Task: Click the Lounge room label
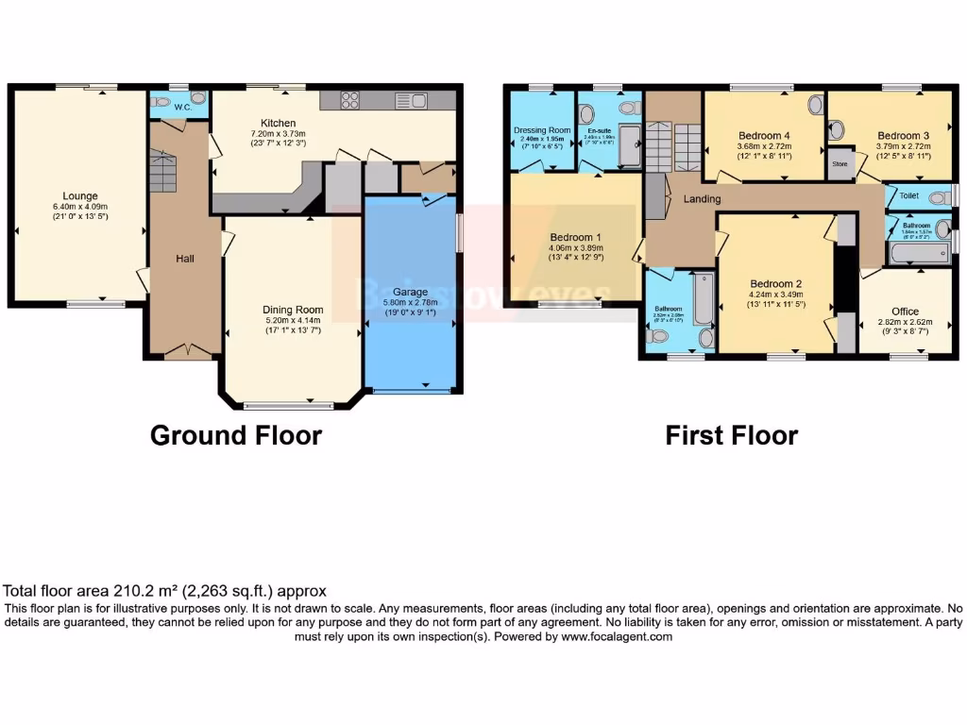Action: tap(80, 196)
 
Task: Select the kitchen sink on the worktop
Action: tap(412, 100)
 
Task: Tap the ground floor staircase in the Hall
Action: tap(163, 170)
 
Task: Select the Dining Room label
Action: tap(293, 310)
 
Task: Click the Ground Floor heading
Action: tap(236, 435)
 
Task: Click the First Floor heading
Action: tap(731, 435)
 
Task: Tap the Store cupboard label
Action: tap(840, 162)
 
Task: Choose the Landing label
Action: tap(702, 199)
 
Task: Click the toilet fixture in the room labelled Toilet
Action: tap(938, 197)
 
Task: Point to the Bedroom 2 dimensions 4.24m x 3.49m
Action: tap(776, 294)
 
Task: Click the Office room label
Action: tap(905, 312)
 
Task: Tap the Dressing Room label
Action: tap(542, 130)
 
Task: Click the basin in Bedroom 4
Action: tap(815, 105)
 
